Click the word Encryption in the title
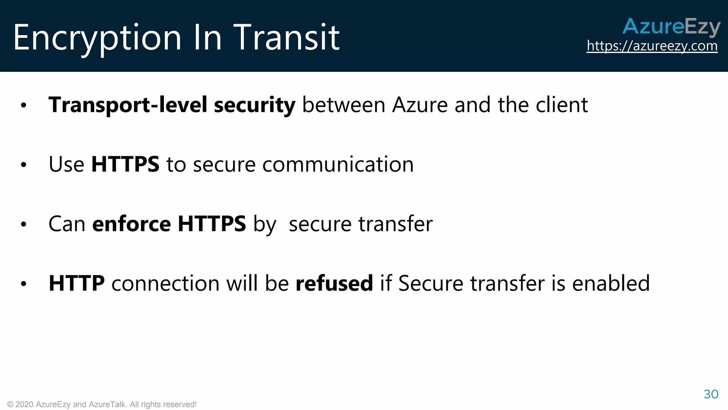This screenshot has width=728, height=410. (97, 38)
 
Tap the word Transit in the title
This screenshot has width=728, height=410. (286, 37)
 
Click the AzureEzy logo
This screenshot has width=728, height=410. (671, 27)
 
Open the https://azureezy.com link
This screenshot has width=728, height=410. (652, 46)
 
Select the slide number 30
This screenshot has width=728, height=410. (711, 394)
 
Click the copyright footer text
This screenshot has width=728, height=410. (102, 404)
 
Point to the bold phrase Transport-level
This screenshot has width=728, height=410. (128, 105)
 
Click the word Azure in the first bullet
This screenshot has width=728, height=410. (419, 105)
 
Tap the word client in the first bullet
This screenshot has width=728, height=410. (562, 105)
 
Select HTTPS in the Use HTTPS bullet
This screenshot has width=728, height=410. (125, 164)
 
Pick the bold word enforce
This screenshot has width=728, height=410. (132, 224)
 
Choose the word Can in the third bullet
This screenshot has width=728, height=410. (67, 224)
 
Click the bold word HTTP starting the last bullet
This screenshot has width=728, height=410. (76, 283)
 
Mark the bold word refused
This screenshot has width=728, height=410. (334, 283)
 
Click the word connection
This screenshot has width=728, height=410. (165, 283)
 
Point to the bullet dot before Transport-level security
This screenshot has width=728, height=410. (23, 105)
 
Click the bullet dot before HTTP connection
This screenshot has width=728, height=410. (23, 284)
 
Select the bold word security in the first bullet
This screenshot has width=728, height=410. (255, 105)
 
